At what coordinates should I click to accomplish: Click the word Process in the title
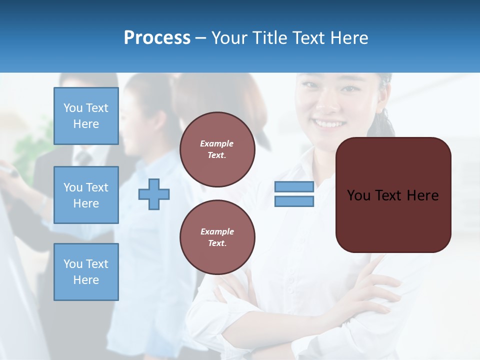click(157, 38)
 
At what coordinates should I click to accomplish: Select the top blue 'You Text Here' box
click(86, 116)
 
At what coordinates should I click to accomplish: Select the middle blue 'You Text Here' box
click(86, 195)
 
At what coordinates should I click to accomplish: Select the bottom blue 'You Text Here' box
click(86, 272)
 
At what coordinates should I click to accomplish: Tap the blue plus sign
click(154, 194)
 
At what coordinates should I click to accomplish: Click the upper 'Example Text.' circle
click(217, 149)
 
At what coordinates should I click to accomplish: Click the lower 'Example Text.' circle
click(217, 237)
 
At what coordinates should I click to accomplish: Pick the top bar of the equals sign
click(294, 186)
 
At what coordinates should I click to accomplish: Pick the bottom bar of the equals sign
click(294, 201)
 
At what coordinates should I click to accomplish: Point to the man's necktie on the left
click(83, 159)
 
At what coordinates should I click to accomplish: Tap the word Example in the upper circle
click(216, 143)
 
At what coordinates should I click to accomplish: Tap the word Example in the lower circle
click(217, 231)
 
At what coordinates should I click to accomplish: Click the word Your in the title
click(228, 38)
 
